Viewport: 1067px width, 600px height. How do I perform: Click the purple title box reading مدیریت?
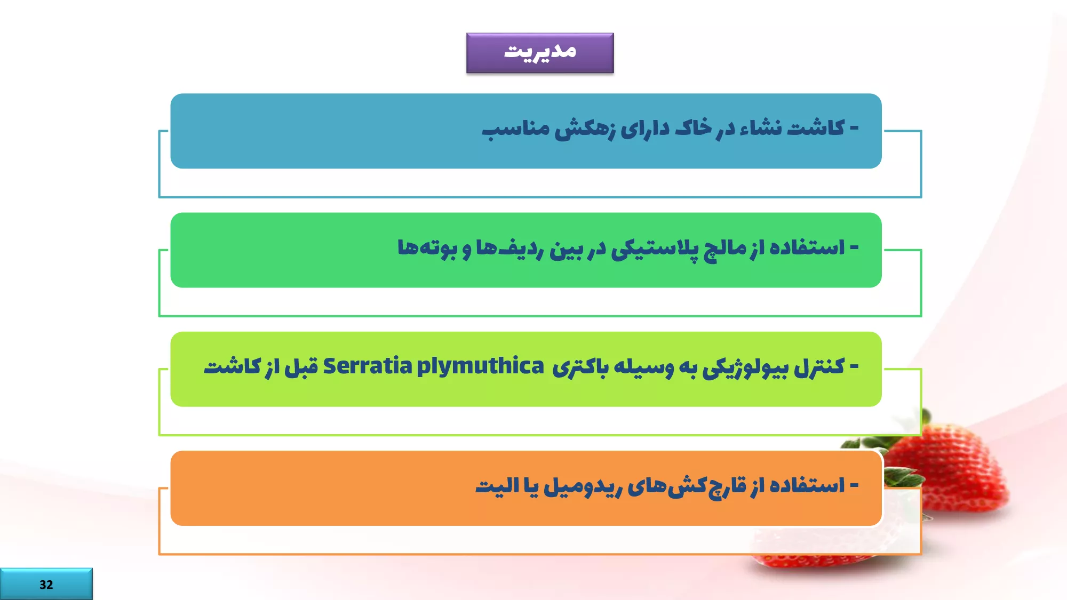tap(540, 53)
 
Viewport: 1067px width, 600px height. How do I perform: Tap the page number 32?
tap(46, 585)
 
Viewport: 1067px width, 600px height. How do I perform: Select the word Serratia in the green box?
tap(368, 366)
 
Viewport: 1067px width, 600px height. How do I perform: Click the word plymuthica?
tap(480, 367)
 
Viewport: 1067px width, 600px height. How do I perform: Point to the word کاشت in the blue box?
tap(816, 128)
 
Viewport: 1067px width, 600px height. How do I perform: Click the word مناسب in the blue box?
tap(516, 129)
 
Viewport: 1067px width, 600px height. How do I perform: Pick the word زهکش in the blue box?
tap(585, 129)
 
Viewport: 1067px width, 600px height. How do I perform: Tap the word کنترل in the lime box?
tap(819, 367)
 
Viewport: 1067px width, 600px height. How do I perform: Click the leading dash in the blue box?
tap(854, 129)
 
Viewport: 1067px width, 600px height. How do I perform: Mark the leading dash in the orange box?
tap(854, 485)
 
